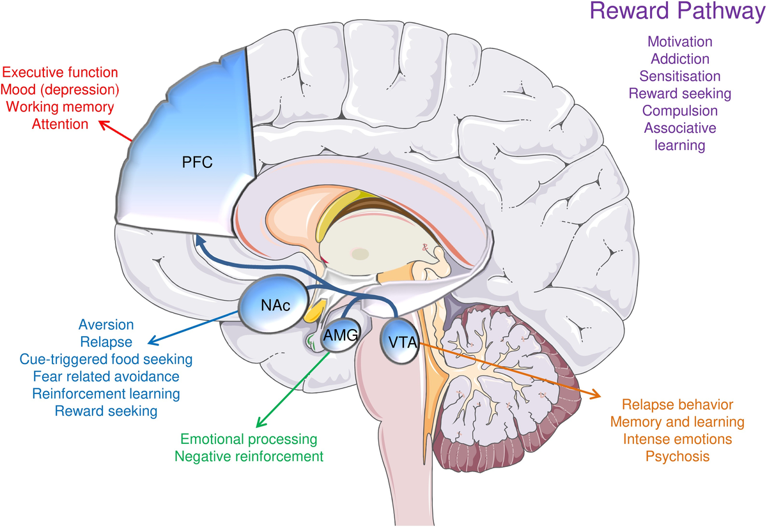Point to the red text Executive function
coord(59,72)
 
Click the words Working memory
coord(59,107)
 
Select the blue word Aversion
coord(106,325)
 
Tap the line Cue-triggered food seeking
coord(106,359)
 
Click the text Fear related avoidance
coord(106,376)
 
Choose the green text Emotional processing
coord(249,439)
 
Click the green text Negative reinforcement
coord(249,457)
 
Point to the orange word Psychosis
coord(677,457)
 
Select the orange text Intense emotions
coord(677,439)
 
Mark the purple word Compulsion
coord(679,111)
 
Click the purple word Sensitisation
coord(679,76)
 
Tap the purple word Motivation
coord(679,42)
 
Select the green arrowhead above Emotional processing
coord(259,424)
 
